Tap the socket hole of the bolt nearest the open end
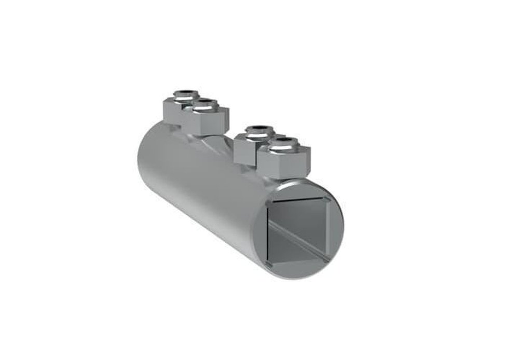click(x=280, y=140)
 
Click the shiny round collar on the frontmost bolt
click(x=280, y=145)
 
